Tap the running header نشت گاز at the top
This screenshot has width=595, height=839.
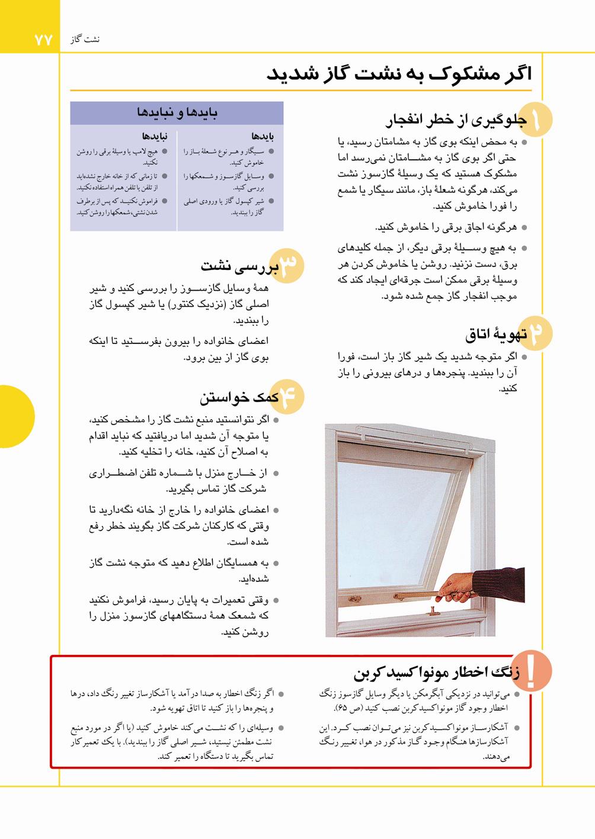85,40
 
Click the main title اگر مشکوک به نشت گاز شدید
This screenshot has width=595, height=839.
398,74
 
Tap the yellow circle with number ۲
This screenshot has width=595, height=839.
536,334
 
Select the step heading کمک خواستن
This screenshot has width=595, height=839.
238,397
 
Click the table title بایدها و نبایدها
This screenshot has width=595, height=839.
177,112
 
